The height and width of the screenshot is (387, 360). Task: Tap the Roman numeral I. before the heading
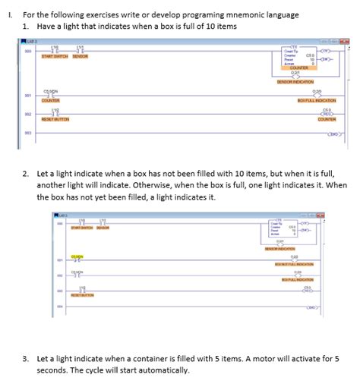(8, 14)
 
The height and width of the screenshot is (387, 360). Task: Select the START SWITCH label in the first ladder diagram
(54, 56)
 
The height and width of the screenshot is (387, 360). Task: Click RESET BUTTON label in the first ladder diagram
(55, 120)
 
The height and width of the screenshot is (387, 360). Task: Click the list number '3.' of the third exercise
(26, 357)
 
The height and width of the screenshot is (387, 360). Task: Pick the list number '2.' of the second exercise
(26, 172)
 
